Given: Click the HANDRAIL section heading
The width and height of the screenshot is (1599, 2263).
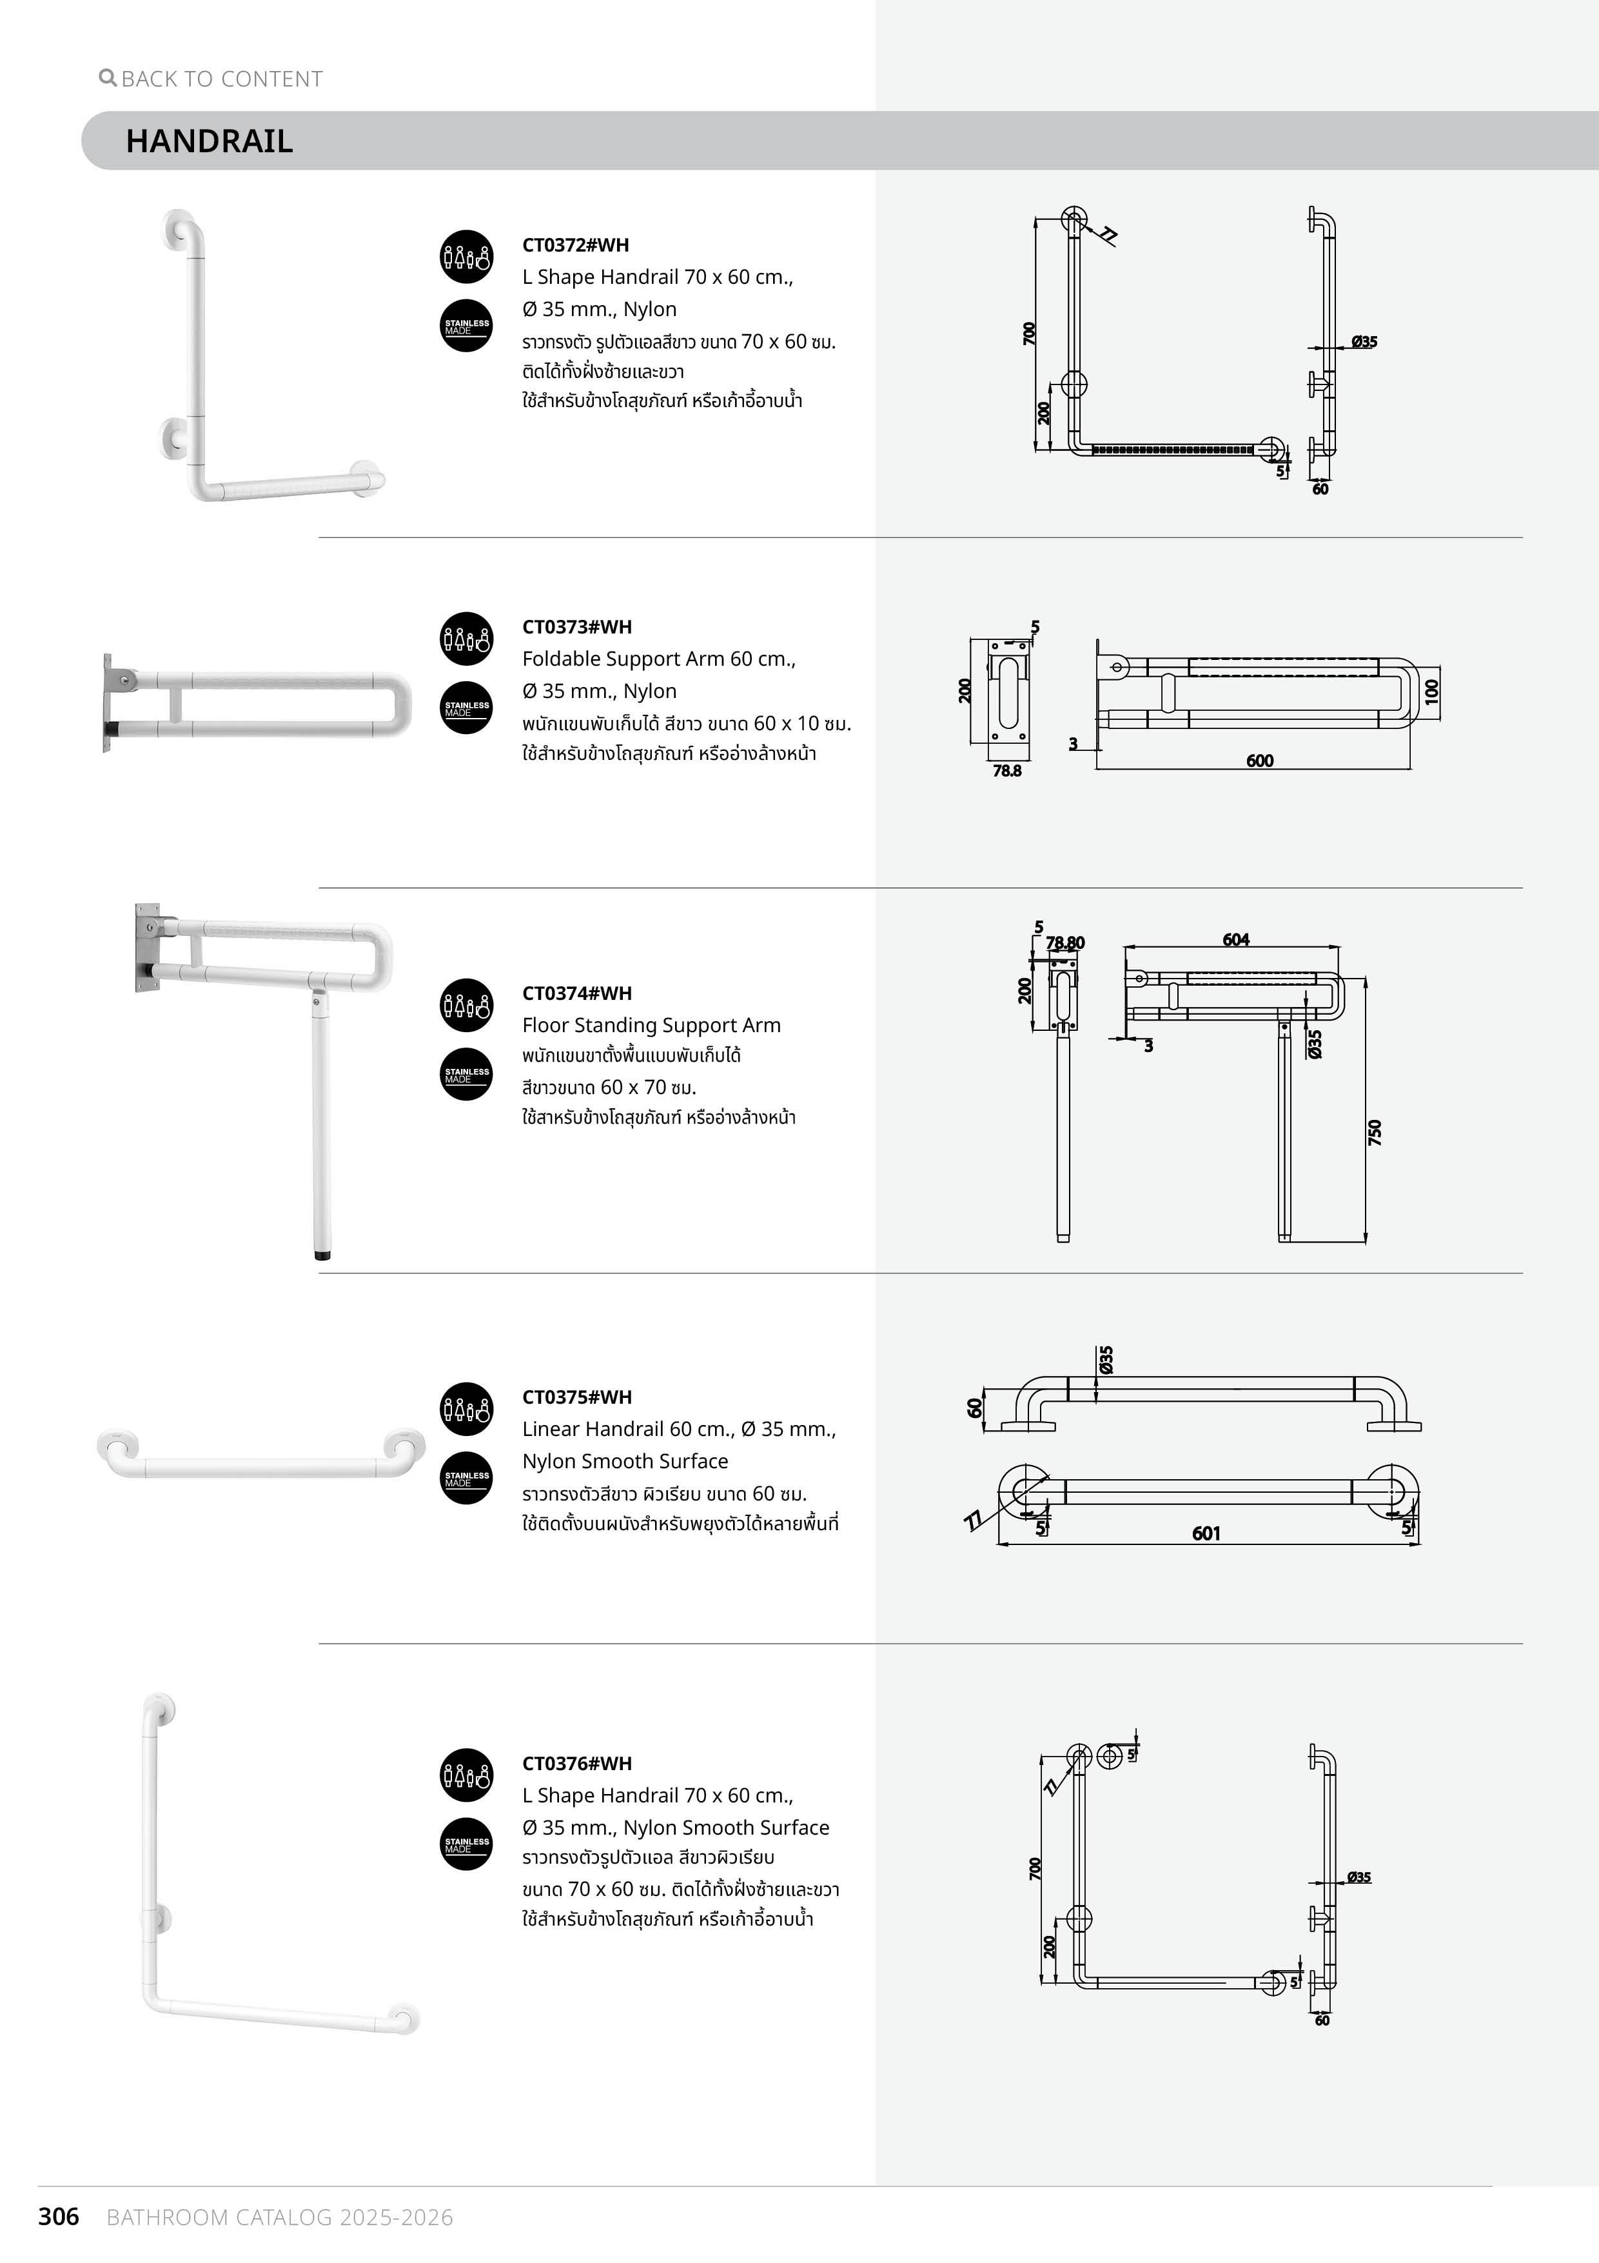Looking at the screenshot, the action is point(209,141).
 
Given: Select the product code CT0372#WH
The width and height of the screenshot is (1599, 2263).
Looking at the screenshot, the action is point(575,245).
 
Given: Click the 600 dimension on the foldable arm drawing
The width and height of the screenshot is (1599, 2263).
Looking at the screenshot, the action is point(1259,761).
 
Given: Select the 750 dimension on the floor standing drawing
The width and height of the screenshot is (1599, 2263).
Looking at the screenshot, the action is point(1375,1131).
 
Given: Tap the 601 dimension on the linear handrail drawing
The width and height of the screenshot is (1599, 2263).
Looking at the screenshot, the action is point(1206,1533).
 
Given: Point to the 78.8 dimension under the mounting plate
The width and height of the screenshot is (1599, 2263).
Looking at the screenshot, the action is point(1007,772).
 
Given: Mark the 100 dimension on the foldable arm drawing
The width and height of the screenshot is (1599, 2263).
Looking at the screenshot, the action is point(1431,691).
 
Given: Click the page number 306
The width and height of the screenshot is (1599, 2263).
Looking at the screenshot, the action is point(58,2217).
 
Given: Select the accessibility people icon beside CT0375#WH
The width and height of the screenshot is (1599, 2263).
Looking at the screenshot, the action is point(466,1408).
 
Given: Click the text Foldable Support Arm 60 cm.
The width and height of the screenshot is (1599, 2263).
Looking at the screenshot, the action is point(658,659).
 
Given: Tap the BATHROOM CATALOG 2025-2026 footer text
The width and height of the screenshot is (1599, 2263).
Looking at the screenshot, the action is point(280,2218).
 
